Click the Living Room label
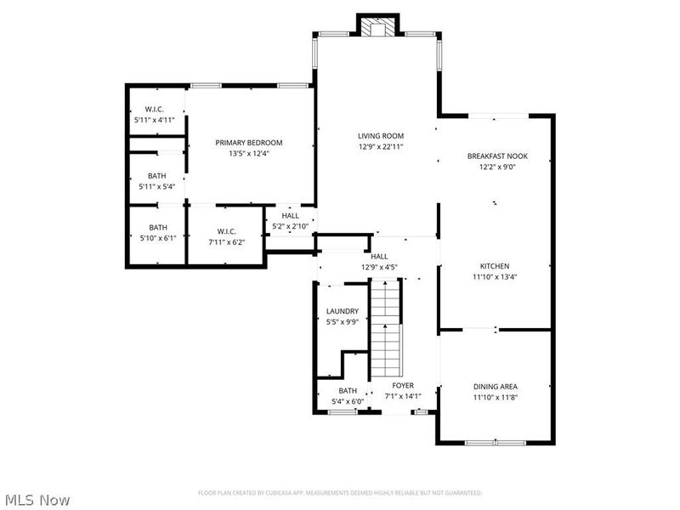pos(380,136)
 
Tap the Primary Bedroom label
pos(248,143)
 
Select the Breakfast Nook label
pos(497,156)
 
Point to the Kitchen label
pos(494,266)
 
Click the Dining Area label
pos(495,387)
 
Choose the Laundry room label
pos(343,311)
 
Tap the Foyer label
pos(403,385)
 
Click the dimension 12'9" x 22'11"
pos(380,146)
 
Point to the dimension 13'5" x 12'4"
pos(248,153)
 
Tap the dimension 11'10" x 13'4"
pos(494,276)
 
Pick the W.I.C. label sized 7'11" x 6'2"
pos(225,232)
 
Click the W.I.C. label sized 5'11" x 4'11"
pos(154,110)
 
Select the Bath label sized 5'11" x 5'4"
pos(157,176)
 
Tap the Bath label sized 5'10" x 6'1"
pos(158,228)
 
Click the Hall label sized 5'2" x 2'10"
pos(291,216)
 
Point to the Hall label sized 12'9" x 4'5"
pos(379,256)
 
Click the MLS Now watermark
pos(37,500)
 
